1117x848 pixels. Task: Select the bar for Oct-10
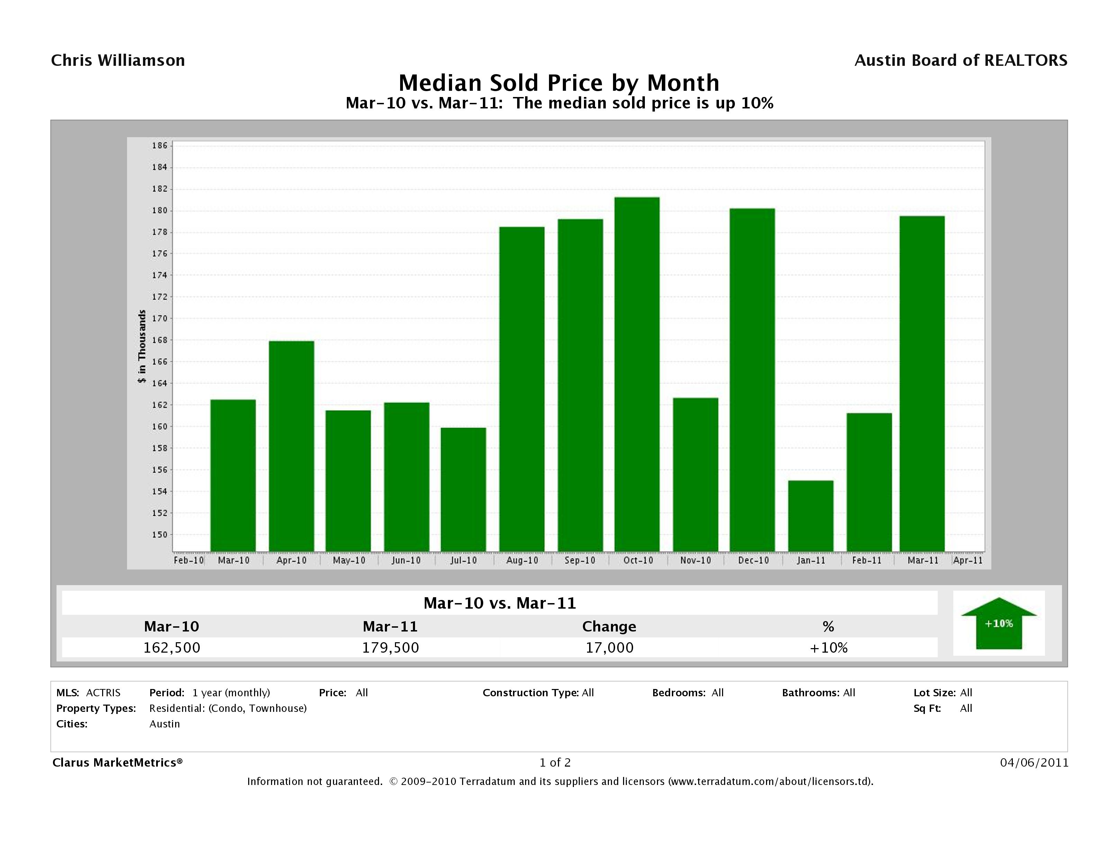[637, 374]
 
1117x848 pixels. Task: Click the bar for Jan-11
[810, 515]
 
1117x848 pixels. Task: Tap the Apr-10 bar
[291, 446]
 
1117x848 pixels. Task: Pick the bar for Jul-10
[463, 489]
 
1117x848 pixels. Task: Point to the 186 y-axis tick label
[160, 145]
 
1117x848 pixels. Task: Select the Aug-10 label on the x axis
[522, 560]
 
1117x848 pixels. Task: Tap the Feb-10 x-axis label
[188, 560]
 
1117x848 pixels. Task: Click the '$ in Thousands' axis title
[142, 347]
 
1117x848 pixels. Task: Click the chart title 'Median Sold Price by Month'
[559, 83]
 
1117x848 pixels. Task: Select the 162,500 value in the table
[172, 647]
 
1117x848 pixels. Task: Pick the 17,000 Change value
[609, 647]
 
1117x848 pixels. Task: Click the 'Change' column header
[609, 627]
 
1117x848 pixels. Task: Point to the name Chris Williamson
[118, 61]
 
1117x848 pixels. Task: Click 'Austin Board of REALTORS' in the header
[961, 61]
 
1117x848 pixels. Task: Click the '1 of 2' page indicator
[555, 762]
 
